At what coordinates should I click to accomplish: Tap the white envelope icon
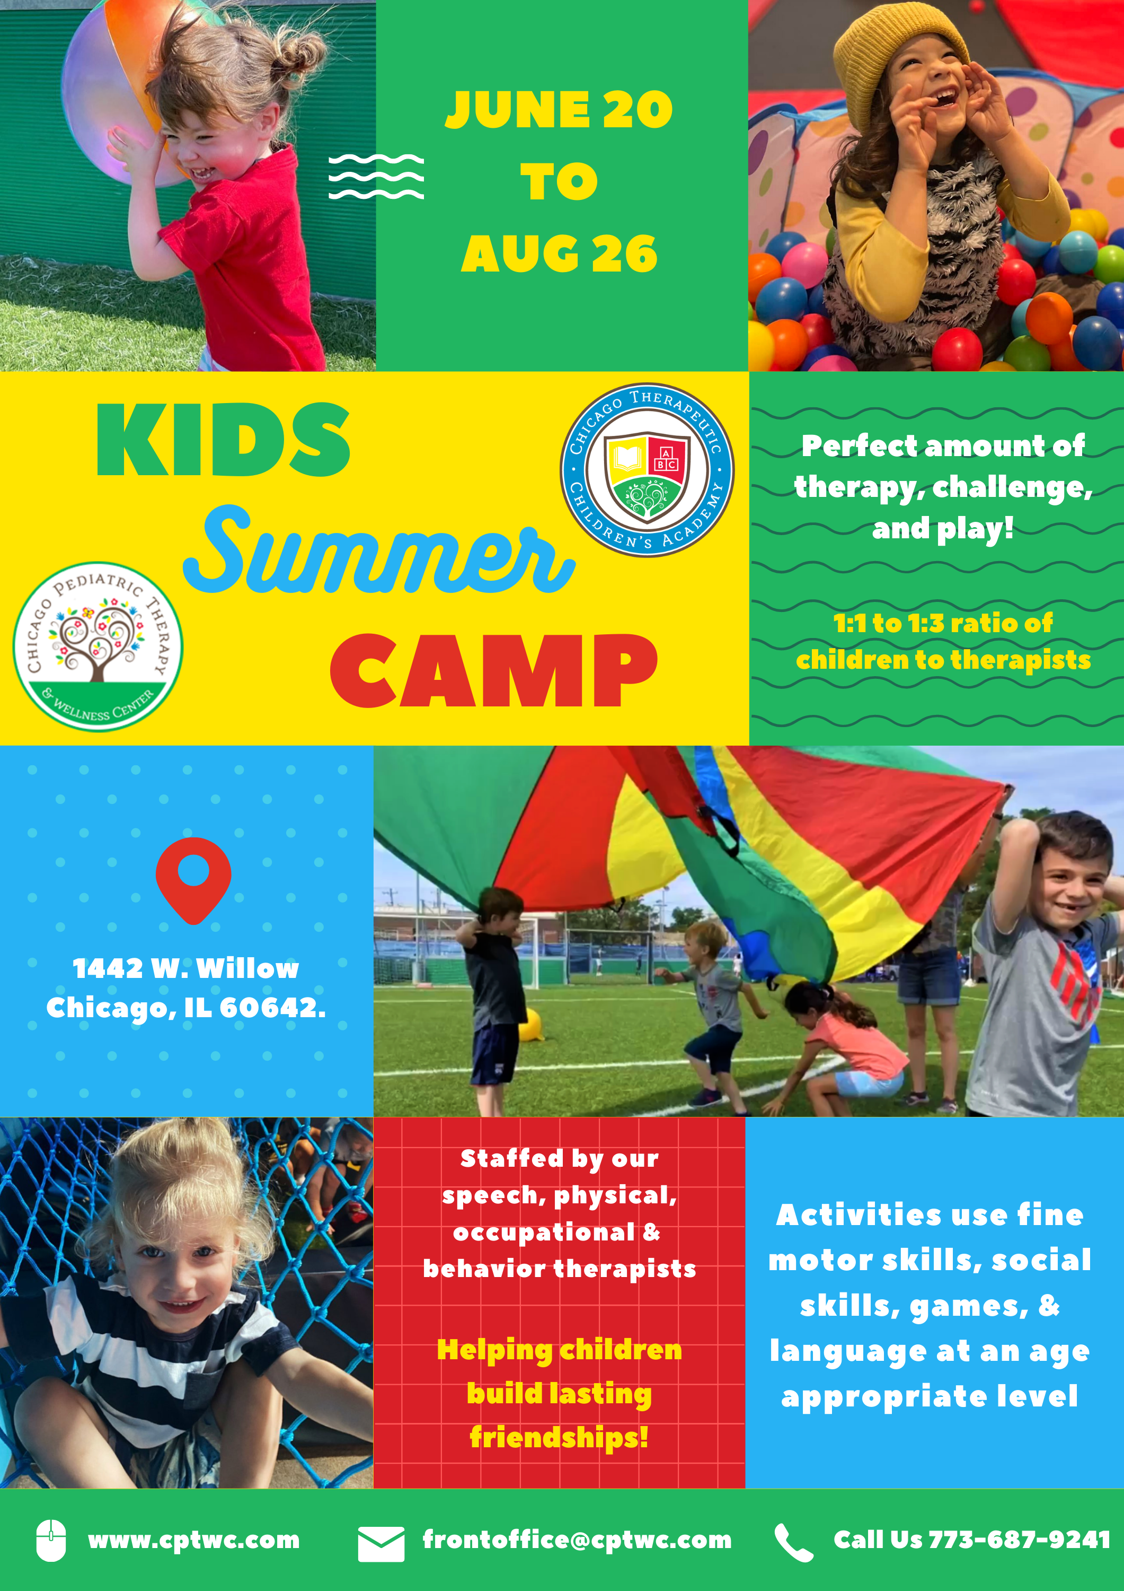[381, 1544]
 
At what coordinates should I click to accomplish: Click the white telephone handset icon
[794, 1543]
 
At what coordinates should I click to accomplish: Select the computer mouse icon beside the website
[51, 1541]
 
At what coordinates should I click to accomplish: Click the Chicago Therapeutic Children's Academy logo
[647, 470]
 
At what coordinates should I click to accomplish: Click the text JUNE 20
[559, 109]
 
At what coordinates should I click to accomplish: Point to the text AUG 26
[559, 253]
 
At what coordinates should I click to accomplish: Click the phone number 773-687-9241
[1020, 1540]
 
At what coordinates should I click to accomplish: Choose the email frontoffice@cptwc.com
[577, 1540]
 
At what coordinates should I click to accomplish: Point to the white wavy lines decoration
[376, 177]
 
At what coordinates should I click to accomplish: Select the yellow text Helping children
[560, 1351]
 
